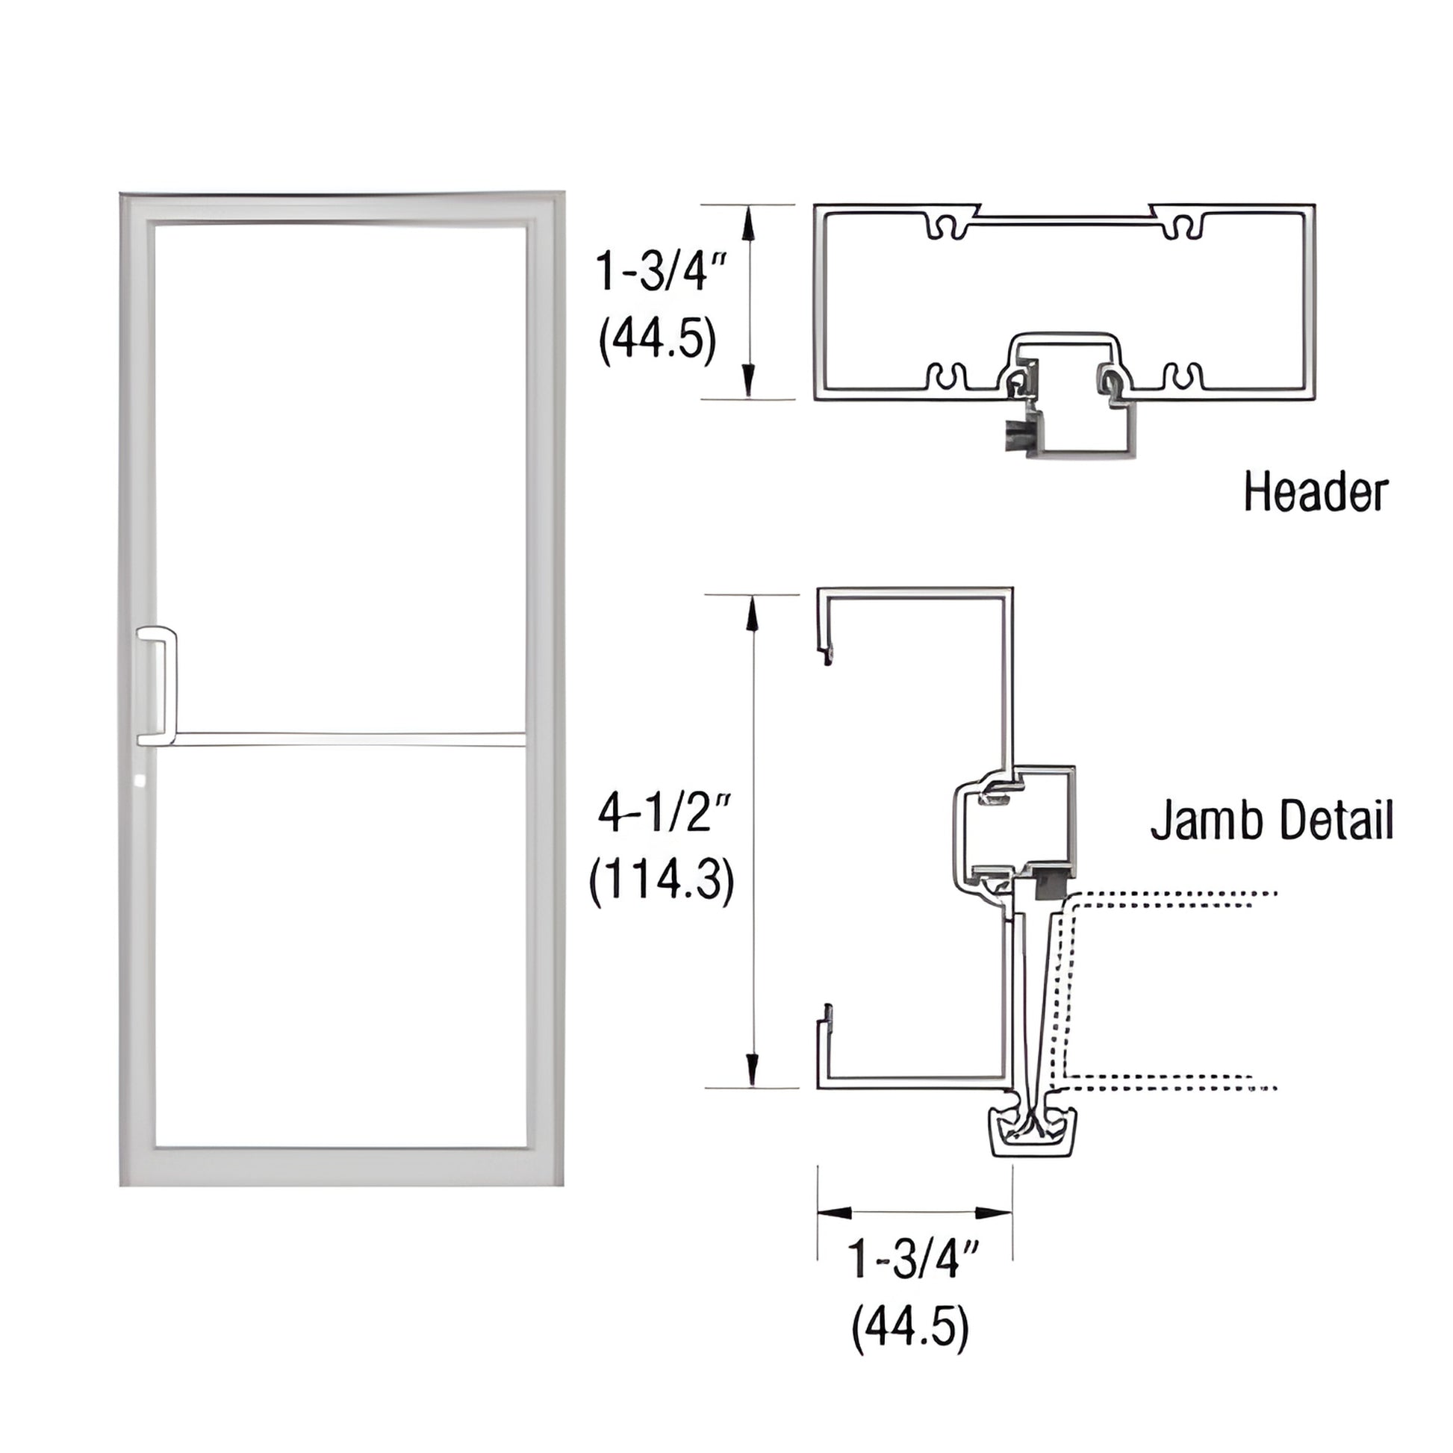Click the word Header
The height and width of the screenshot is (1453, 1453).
1315,493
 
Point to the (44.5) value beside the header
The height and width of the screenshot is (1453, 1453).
657,340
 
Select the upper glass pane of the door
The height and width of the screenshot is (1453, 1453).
340,478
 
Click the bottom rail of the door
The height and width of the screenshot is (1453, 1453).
340,1166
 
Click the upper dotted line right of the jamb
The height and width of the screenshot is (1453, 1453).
1173,895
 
